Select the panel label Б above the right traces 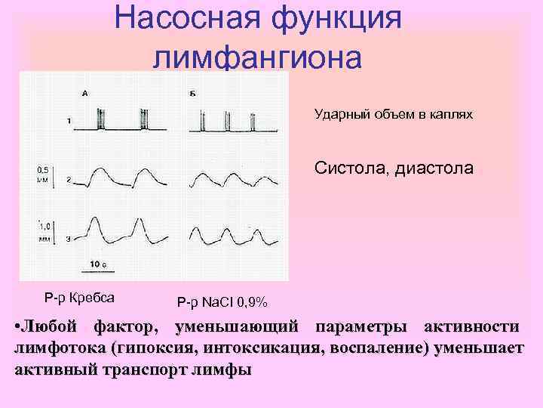[193, 93]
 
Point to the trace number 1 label [69, 121]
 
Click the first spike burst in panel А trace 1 [100, 119]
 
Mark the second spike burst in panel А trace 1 [143, 119]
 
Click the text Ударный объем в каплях [394, 115]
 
